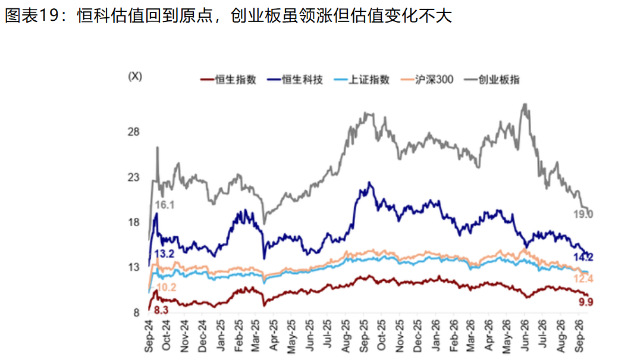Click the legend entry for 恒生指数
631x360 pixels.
click(x=228, y=80)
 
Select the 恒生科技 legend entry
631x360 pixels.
click(x=295, y=80)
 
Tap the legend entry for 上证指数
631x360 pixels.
click(x=362, y=80)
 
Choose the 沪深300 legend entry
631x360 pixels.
click(x=427, y=80)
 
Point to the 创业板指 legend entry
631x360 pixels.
click(x=492, y=80)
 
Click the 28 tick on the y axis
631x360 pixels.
click(x=133, y=132)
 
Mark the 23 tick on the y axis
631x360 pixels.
click(x=133, y=177)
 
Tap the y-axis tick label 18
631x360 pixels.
click(x=133, y=223)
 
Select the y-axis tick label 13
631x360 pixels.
click(x=133, y=267)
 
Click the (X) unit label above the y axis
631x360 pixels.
click(x=135, y=76)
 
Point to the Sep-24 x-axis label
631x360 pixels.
click(x=149, y=336)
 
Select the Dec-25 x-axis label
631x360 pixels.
click(x=417, y=336)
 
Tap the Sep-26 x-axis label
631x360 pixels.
click(x=579, y=336)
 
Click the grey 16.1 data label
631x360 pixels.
click(x=165, y=205)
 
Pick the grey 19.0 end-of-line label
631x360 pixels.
click(x=583, y=214)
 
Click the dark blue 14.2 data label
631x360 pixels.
click(x=583, y=257)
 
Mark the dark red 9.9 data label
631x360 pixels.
click(x=586, y=302)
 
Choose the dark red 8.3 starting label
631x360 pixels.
click(x=161, y=310)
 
